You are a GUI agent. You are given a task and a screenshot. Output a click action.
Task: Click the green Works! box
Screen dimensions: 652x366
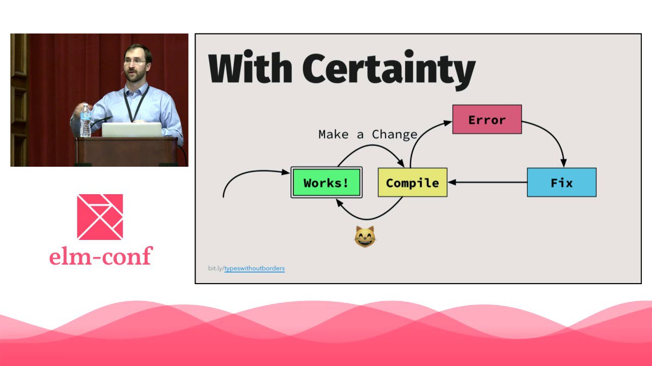click(x=327, y=182)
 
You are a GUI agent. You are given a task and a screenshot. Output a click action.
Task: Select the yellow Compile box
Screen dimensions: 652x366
click(x=413, y=182)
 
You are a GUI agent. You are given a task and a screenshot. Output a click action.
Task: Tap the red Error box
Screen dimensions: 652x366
click(x=487, y=119)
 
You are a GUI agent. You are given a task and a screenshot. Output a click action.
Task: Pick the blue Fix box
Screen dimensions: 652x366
click(x=562, y=182)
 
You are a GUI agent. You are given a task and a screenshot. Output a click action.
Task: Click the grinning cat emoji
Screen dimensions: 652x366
click(x=365, y=236)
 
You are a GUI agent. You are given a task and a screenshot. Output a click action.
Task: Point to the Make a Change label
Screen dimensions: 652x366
click(x=368, y=135)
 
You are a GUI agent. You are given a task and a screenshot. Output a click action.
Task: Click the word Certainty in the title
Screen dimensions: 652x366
click(x=389, y=70)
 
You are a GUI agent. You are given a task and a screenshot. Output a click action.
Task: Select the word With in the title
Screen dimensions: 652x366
click(x=250, y=68)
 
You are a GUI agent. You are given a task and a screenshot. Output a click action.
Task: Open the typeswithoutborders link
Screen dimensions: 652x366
click(x=254, y=268)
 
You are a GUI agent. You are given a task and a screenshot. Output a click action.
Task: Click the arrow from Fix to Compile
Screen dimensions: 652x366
click(x=487, y=182)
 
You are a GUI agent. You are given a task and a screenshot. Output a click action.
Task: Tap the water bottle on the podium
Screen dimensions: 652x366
click(x=85, y=120)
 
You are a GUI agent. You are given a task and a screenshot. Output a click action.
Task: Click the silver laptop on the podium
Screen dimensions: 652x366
click(x=131, y=130)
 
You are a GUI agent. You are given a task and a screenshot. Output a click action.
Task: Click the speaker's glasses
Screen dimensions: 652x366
click(x=134, y=62)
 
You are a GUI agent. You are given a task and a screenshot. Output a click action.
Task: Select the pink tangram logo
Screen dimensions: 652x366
click(x=100, y=217)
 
